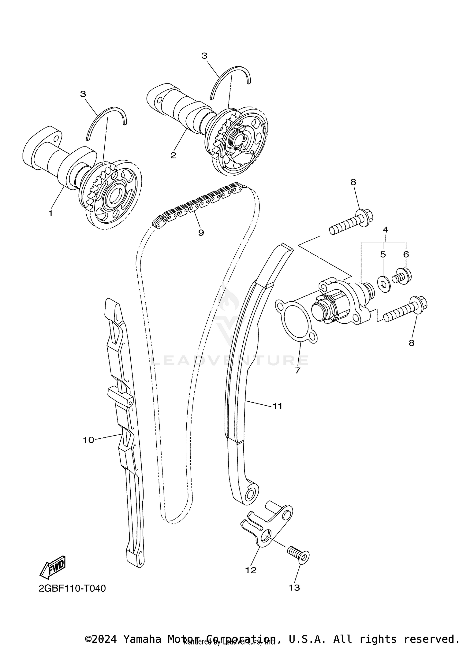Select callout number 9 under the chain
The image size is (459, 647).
click(201, 233)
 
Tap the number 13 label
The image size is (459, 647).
click(294, 588)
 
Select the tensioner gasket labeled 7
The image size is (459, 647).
click(296, 324)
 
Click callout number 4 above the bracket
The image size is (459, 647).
click(385, 229)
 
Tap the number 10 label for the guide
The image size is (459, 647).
click(88, 440)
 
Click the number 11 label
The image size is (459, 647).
click(277, 406)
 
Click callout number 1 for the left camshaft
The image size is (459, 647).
click(51, 213)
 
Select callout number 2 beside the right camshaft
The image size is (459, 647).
click(173, 155)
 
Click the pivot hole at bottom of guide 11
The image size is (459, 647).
click(250, 493)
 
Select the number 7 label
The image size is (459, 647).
click(297, 370)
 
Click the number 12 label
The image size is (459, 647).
click(251, 570)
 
